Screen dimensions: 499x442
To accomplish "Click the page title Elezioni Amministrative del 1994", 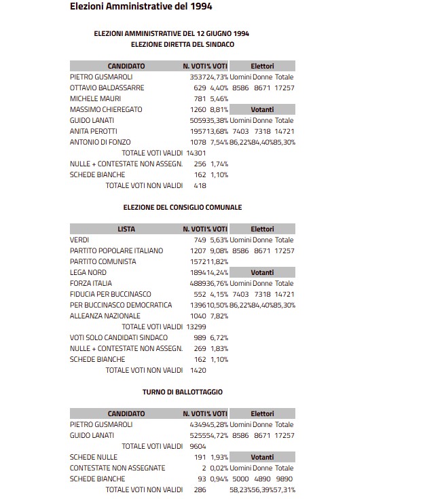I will pos(141,7).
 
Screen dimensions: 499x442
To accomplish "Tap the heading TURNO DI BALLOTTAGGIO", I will pos(182,392).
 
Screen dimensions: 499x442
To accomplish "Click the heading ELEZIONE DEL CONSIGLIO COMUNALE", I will pos(182,207).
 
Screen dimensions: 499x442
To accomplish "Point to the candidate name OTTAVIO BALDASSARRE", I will pos(107,88).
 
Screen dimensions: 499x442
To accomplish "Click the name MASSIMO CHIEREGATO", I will pos(105,109).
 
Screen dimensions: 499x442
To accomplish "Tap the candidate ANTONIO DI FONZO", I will pos(100,142).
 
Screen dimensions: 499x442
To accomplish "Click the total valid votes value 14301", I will pos(196,153).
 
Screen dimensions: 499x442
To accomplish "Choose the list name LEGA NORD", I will pos(88,272).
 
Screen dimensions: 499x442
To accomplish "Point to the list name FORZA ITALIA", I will pos(91,283).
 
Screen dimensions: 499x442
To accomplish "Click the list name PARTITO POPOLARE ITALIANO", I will pos(116,251).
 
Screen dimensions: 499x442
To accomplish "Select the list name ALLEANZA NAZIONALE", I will pos(105,316).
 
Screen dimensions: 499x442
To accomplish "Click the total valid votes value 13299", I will pos(196,327).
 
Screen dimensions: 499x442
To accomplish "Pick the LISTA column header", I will pos(126,229).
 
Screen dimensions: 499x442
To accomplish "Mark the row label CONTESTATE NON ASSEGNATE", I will pos(117,468).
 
